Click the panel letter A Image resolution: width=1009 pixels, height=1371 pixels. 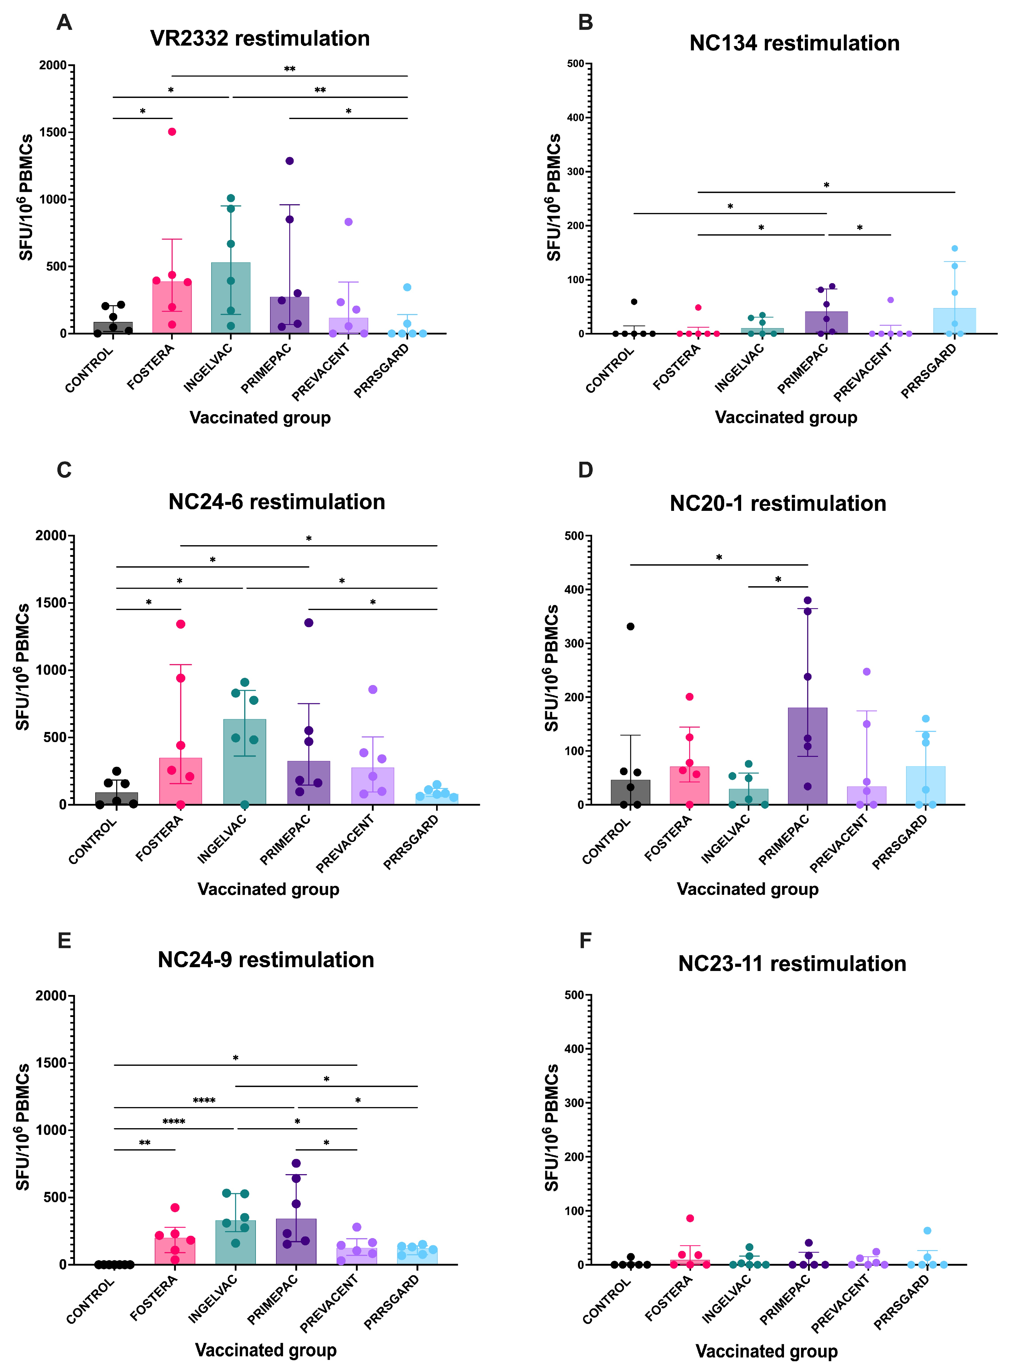point(64,23)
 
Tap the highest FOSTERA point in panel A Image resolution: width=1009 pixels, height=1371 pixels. point(172,132)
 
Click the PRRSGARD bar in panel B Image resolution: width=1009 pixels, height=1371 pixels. point(954,321)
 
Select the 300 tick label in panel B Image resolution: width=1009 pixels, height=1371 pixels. point(575,172)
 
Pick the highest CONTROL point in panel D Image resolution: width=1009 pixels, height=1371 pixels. point(630,626)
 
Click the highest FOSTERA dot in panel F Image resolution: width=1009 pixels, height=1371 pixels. point(689,1218)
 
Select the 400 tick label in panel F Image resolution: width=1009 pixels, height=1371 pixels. point(575,1049)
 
